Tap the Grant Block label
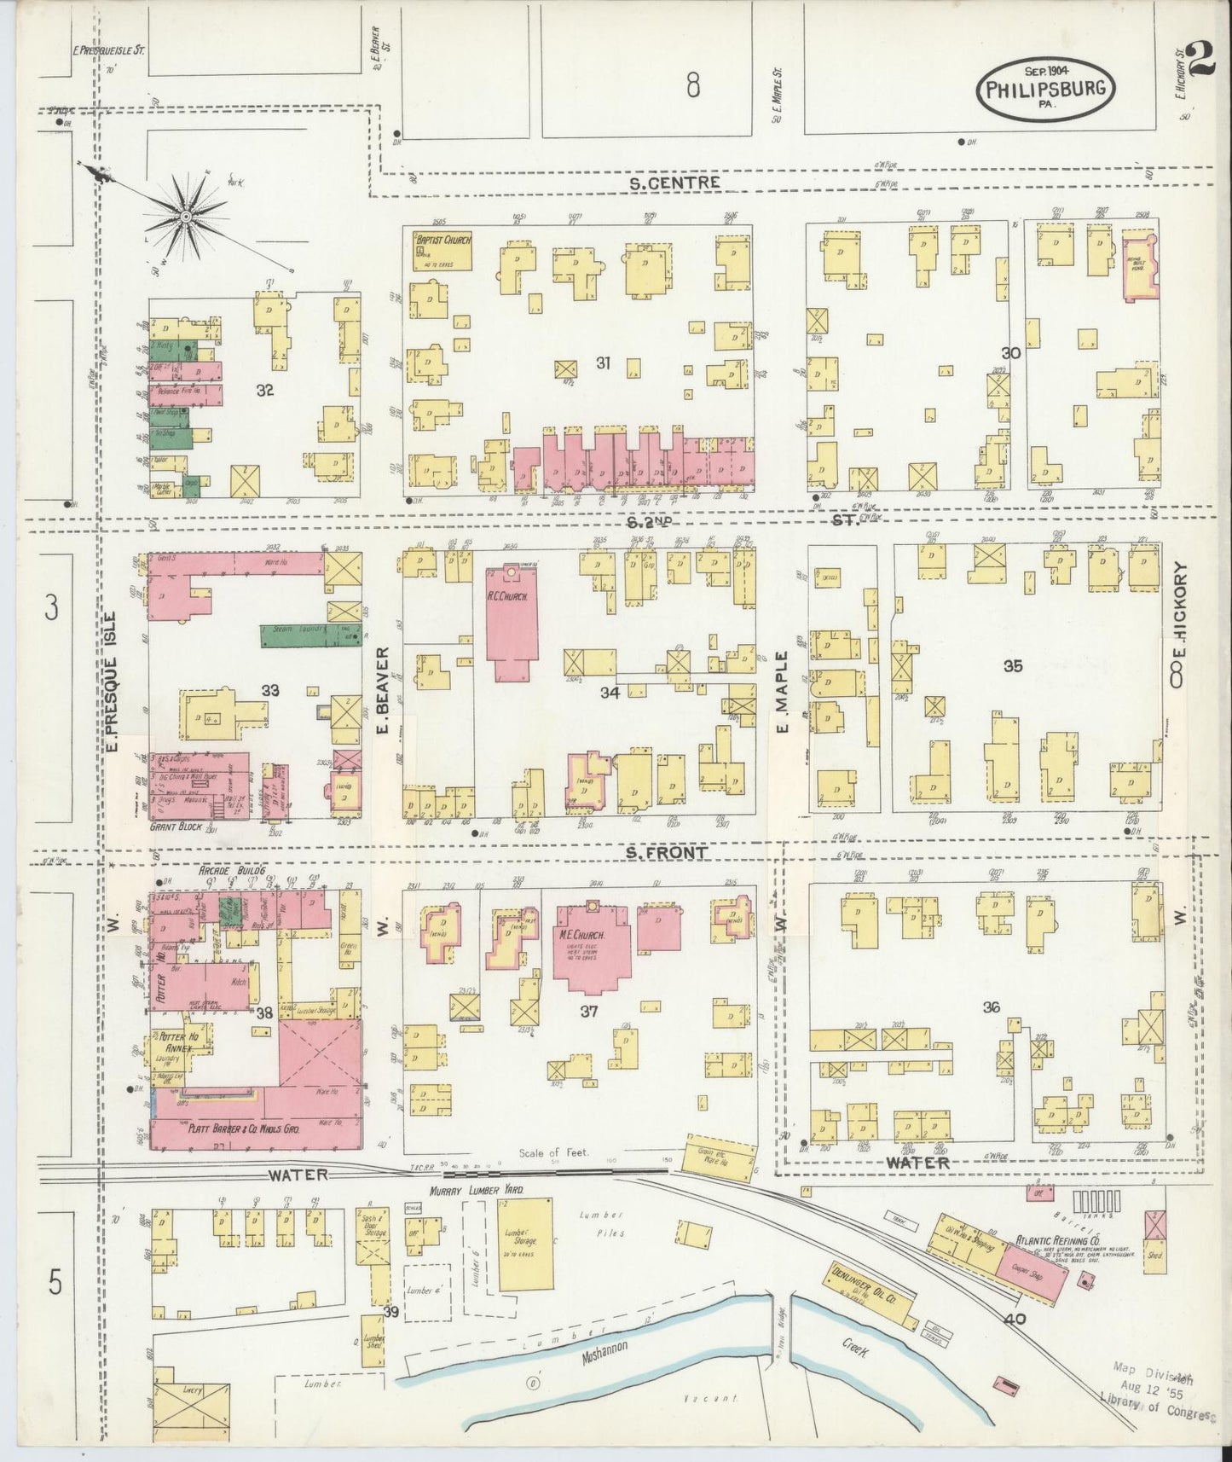click(x=173, y=827)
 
